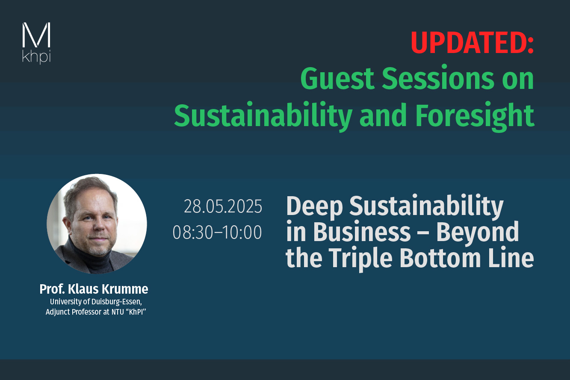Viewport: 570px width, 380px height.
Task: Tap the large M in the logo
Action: click(36, 35)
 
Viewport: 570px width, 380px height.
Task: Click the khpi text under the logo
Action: click(36, 56)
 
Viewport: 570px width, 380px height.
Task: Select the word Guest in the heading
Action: click(337, 79)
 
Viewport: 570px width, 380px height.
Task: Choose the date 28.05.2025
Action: click(223, 206)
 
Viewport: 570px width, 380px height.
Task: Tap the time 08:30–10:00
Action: click(217, 232)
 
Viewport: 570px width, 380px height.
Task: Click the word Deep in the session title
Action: click(315, 206)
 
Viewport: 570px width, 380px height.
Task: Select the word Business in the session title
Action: click(362, 232)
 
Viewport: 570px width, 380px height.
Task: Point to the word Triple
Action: click(360, 259)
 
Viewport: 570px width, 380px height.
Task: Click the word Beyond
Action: click(478, 233)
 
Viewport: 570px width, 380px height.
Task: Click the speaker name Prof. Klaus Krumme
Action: click(94, 289)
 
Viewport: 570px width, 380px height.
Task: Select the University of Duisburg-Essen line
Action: click(96, 302)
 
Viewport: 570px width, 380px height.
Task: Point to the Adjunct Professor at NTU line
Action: click(96, 312)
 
